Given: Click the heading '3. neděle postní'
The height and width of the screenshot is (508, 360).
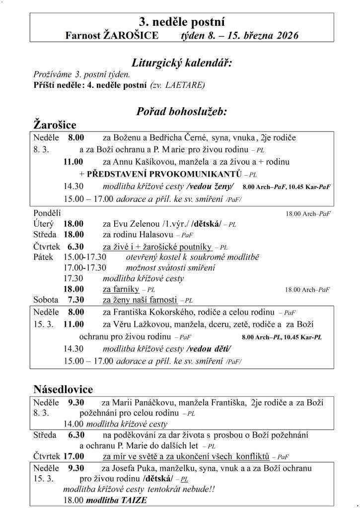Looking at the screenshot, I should click(x=181, y=21).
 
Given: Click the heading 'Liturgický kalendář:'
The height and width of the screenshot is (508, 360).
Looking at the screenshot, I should click(x=182, y=63).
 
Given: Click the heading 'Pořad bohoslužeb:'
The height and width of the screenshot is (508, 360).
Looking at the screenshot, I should click(x=182, y=112).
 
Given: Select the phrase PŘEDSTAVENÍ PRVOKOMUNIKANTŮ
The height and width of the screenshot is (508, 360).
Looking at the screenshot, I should click(x=164, y=174).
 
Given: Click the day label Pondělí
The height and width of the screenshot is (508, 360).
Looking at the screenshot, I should click(x=47, y=213).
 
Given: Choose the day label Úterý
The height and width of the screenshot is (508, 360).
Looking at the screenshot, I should click(x=43, y=224).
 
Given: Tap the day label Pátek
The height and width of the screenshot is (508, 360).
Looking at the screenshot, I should click(x=43, y=257).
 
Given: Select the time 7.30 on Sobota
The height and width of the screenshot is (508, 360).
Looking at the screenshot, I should click(x=76, y=300).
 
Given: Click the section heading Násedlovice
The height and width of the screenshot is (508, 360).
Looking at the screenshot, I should click(x=63, y=389).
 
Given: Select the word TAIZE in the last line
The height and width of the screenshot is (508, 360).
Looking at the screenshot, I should click(x=134, y=500).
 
